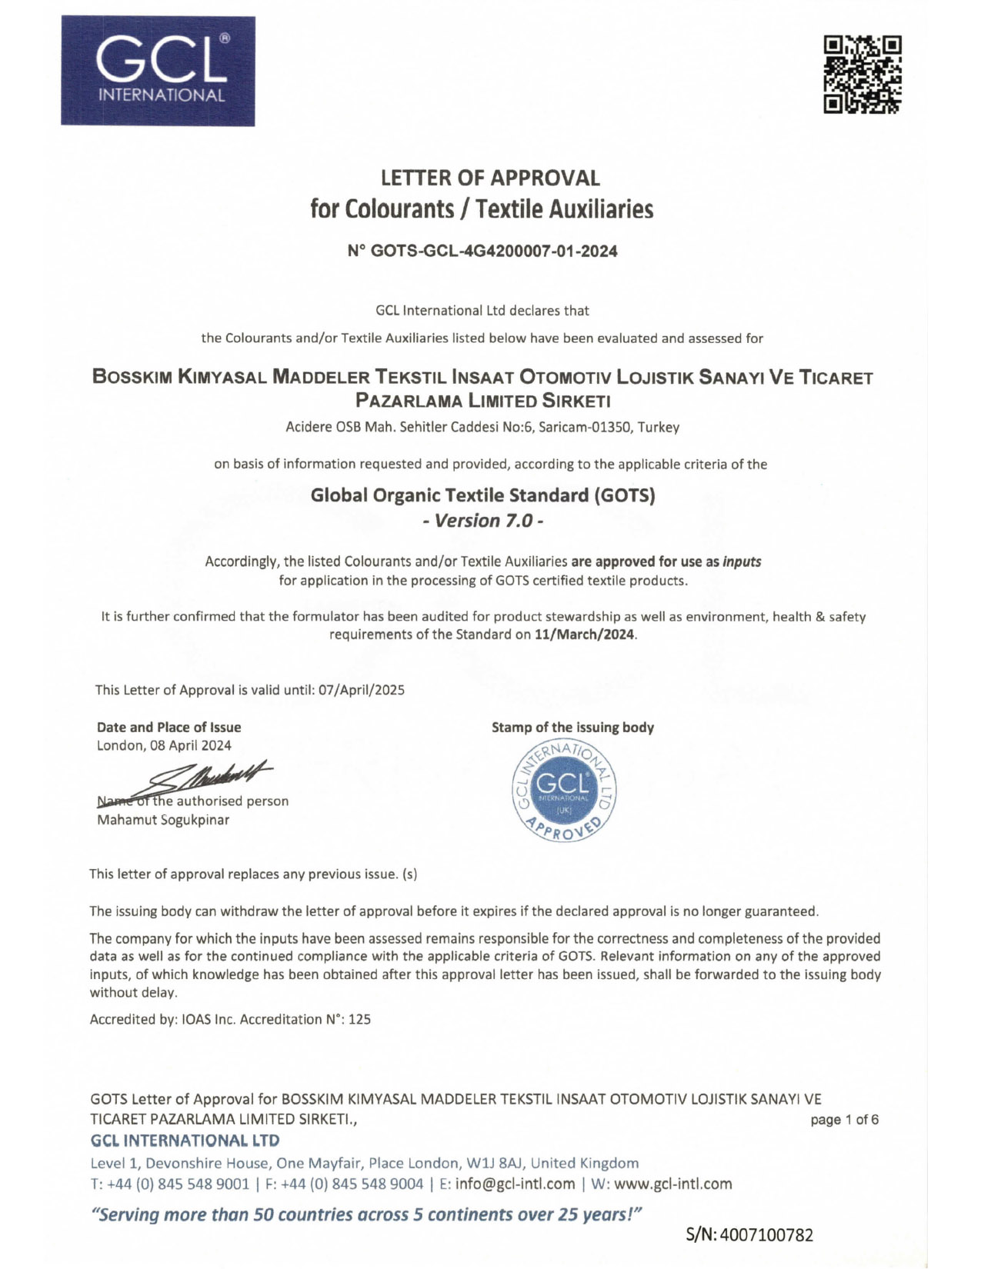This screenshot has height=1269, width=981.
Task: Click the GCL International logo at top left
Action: coord(158,71)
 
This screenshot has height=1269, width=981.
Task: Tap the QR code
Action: coord(862,75)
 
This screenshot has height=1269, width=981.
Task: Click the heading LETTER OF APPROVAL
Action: coord(490,178)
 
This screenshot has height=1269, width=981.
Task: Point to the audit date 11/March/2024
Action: coord(585,634)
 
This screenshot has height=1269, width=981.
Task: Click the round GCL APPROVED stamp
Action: coord(565,791)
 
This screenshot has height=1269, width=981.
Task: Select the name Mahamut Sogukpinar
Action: coord(163,820)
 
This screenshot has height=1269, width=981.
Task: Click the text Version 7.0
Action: coord(483,521)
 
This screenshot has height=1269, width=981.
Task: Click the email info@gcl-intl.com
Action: coord(515,1184)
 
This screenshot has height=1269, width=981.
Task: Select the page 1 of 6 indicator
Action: coord(844,1120)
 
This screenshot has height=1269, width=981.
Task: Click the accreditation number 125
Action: coord(359,1020)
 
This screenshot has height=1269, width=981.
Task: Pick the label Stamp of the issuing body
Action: coord(572,728)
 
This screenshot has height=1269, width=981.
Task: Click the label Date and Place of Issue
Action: coord(169,728)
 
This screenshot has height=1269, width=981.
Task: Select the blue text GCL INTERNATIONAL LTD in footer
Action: coord(185,1141)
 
